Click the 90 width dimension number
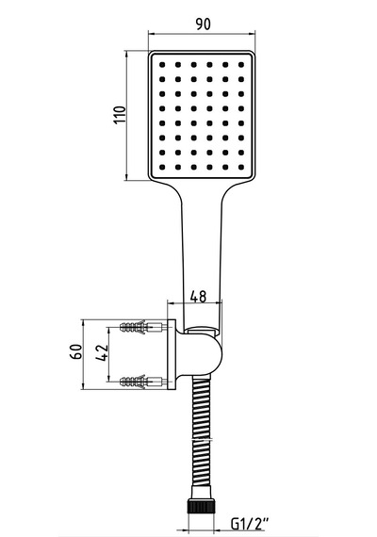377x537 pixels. [x=203, y=24]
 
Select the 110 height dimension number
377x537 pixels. [x=120, y=115]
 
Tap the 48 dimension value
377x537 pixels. [x=198, y=297]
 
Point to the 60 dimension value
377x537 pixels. [x=76, y=351]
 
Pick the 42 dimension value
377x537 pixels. [x=102, y=352]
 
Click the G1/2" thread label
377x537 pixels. [x=250, y=524]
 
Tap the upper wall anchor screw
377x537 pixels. [x=143, y=327]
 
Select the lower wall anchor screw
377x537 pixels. [x=143, y=382]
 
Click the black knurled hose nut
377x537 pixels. [x=201, y=506]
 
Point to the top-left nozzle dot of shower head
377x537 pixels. [x=162, y=64]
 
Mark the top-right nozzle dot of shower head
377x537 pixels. [x=241, y=64]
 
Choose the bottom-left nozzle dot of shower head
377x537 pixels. [x=162, y=167]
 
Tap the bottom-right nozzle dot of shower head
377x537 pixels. [x=241, y=167]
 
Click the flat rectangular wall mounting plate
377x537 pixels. [x=172, y=354]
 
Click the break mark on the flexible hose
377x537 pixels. [x=201, y=438]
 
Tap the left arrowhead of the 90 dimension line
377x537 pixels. [x=151, y=34]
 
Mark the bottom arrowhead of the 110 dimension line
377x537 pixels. [x=127, y=177]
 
